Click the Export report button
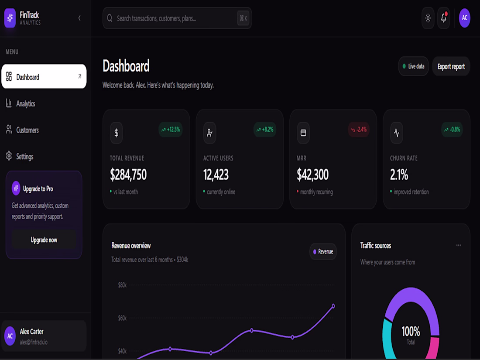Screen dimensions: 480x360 [x=451, y=66]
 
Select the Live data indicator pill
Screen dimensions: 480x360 [x=413, y=66]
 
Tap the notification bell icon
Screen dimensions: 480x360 [x=444, y=18]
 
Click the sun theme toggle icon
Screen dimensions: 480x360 [x=428, y=18]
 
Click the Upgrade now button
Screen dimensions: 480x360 [x=44, y=240]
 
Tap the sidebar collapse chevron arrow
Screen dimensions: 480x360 [x=79, y=18]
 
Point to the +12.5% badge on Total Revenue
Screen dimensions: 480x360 [x=171, y=130]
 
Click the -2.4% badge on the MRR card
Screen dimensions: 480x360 [x=358, y=130]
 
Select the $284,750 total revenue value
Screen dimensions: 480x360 [x=128, y=175]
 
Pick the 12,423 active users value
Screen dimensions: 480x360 [x=216, y=175]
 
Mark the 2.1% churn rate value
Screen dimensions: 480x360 [x=399, y=175]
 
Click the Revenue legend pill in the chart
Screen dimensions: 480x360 [x=323, y=251]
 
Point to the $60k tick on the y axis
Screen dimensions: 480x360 [x=122, y=318]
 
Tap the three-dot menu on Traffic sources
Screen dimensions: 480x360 [x=459, y=245]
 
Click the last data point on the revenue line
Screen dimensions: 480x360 [x=333, y=306]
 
